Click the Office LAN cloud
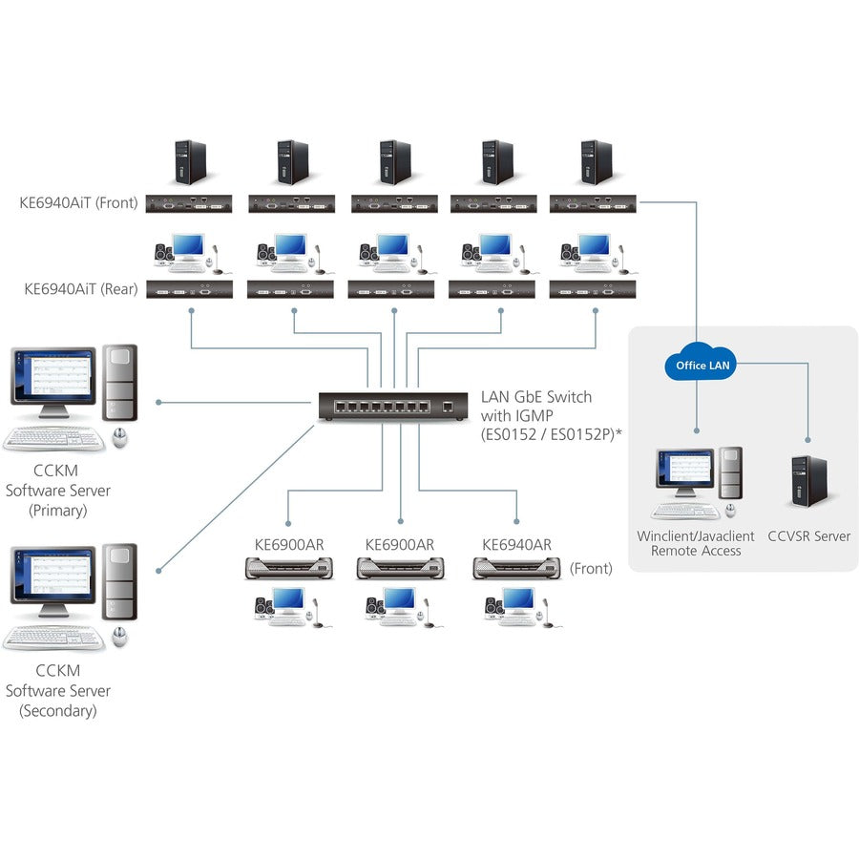pos(704,364)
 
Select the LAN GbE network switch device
pos(394,407)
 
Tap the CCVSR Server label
pos(808,536)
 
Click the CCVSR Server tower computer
pos(808,481)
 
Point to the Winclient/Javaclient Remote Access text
pos(695,543)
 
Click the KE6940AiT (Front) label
pos(78,202)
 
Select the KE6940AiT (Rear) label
pos(80,287)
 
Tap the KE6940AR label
pos(516,545)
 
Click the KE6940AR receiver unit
pos(516,569)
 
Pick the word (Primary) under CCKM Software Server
pos(58,510)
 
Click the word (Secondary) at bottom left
pos(58,710)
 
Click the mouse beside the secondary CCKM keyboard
pos(119,637)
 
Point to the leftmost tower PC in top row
pos(190,162)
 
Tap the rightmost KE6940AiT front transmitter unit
pos(595,202)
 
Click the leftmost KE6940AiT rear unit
pos(190,289)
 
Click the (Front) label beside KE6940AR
pos(591,568)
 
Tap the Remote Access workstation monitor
pos(684,471)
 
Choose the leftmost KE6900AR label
pos(289,545)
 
